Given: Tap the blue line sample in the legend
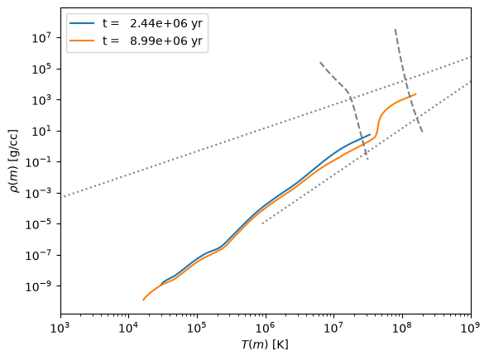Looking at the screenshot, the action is pyautogui.click(x=82, y=23).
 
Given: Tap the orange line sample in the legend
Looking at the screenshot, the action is pyautogui.click(x=82, y=41).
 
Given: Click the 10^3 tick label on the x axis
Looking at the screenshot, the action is pyautogui.click(x=60, y=328).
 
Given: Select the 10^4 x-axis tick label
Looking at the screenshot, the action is pyautogui.click(x=129, y=328).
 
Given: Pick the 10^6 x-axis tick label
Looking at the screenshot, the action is pyautogui.click(x=266, y=328).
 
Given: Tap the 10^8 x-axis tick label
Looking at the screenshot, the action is pyautogui.click(x=402, y=328).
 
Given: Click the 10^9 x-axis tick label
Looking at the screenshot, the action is pyautogui.click(x=471, y=328).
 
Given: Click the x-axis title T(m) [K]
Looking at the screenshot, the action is pyautogui.click(x=265, y=344).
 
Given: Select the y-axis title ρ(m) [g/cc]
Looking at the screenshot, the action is pyautogui.click(x=14, y=161).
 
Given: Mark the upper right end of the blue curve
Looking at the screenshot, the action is pyautogui.click(x=370, y=134).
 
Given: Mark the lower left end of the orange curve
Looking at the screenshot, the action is pyautogui.click(x=143, y=300).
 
